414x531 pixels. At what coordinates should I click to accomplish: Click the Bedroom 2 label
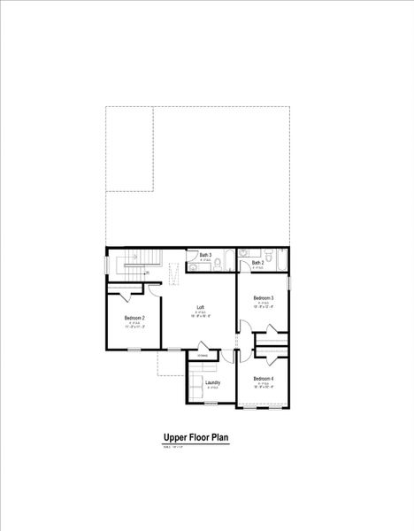134,318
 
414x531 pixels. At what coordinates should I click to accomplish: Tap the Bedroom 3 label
263,298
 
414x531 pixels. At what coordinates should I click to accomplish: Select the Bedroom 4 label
263,379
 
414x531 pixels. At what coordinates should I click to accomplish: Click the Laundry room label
212,383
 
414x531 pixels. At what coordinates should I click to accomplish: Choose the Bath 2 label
257,263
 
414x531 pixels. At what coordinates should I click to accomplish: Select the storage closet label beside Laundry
203,356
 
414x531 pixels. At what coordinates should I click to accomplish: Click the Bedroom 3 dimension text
263,308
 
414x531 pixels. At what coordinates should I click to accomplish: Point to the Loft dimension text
201,318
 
